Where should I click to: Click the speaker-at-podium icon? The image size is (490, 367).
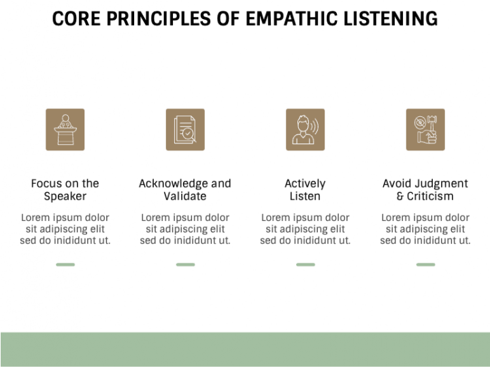click(x=65, y=129)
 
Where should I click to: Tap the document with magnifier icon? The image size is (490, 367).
click(x=185, y=129)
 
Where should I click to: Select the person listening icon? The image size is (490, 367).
click(x=305, y=129)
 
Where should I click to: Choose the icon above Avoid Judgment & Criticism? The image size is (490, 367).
click(x=425, y=129)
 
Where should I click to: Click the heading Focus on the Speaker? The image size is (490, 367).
click(x=65, y=190)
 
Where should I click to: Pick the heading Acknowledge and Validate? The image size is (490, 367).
click(x=185, y=190)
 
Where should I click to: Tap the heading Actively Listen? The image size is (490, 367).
click(x=305, y=190)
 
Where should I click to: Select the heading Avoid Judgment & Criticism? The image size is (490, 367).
click(x=425, y=190)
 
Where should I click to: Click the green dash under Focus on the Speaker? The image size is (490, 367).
click(x=65, y=264)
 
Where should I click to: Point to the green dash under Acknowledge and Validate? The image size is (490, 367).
click(x=185, y=264)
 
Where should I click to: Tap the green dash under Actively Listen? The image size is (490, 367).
click(x=305, y=264)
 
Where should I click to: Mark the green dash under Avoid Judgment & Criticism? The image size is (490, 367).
click(x=425, y=264)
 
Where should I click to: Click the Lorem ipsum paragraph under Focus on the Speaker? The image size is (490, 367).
click(x=65, y=229)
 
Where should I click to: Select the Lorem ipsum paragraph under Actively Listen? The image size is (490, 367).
click(x=305, y=229)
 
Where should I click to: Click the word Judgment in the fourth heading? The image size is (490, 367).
click(x=444, y=183)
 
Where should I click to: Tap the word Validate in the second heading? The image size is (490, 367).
click(x=185, y=196)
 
